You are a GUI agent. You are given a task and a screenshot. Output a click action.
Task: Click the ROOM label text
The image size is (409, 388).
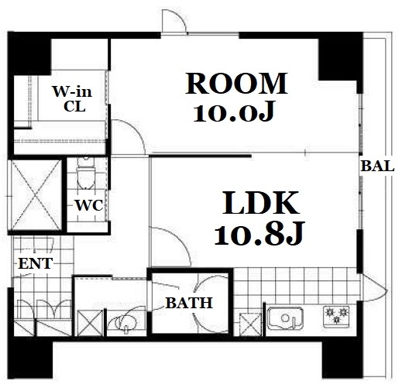[236, 84]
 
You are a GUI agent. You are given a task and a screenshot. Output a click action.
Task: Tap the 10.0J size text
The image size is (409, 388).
[234, 112]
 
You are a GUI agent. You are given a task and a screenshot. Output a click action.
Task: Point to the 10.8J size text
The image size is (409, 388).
[259, 233]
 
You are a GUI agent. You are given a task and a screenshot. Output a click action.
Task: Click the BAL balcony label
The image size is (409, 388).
[377, 166]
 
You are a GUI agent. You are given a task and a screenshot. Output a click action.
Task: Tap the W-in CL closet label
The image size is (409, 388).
[73, 99]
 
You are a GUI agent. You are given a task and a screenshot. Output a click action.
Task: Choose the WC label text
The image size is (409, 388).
[89, 205]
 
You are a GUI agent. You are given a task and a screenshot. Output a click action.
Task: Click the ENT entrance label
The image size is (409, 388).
[36, 263]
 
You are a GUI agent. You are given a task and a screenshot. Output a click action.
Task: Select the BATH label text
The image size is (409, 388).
[189, 303]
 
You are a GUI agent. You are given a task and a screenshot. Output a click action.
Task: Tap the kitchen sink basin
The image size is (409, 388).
[286, 318]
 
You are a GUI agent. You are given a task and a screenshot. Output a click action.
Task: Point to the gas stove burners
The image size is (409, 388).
[336, 316]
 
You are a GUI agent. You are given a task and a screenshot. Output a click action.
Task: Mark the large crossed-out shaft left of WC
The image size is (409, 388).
[36, 195]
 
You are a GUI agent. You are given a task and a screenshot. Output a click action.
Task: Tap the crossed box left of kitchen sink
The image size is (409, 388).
[250, 324]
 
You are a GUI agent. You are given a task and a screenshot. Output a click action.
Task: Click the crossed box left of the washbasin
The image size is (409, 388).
[91, 323]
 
